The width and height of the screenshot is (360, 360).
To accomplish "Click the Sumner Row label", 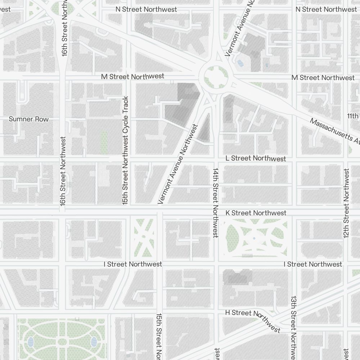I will [29, 119].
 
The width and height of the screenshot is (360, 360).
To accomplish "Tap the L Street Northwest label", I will [256, 158].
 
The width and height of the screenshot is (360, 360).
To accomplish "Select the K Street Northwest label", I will [256, 213].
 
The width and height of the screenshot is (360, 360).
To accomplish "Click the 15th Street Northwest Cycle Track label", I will [125, 150].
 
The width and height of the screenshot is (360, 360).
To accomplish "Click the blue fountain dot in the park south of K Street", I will [254, 238].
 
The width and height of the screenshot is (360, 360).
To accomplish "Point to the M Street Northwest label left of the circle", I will [132, 76].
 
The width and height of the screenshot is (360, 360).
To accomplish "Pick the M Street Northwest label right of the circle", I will [323, 78].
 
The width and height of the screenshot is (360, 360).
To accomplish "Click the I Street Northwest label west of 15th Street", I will [133, 264].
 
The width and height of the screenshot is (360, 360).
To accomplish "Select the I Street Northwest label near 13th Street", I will [313, 264].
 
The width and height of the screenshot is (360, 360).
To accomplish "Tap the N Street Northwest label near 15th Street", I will [146, 9].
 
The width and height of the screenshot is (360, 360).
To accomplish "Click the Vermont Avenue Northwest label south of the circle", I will [179, 164].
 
